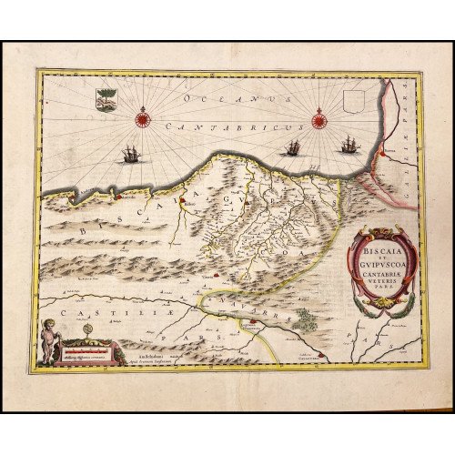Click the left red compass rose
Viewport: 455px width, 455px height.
(142, 116)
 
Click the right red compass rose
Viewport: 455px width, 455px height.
(318, 118)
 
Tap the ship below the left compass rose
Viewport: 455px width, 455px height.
(131, 155)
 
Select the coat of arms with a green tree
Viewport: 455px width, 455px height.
(106, 98)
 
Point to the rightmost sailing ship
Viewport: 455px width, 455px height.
(349, 145)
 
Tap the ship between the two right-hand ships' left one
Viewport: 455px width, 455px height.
(292, 147)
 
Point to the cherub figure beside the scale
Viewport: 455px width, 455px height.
(51, 340)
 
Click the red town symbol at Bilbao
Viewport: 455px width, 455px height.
(181, 201)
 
